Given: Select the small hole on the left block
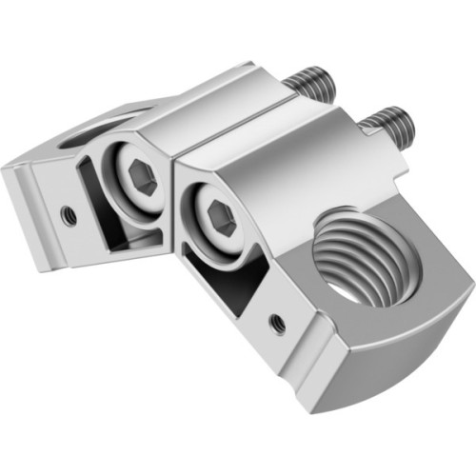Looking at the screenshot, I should coord(68,214).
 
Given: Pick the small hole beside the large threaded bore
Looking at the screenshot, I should coord(277,322).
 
